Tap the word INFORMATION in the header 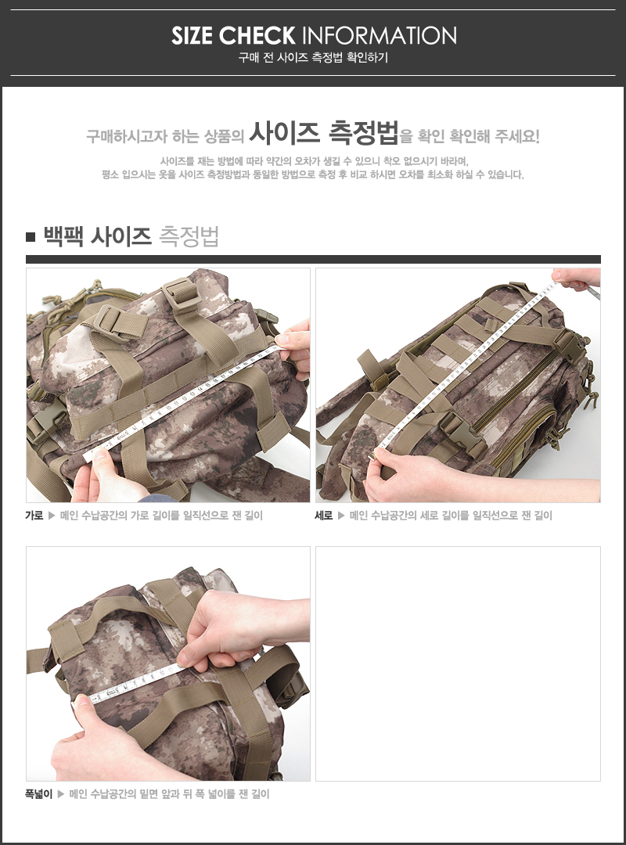click(379, 35)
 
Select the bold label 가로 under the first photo click(34, 515)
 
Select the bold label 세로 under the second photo click(323, 515)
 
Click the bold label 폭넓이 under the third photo click(39, 794)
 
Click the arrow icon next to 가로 click(52, 515)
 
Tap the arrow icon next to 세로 click(341, 515)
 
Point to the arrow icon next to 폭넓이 click(61, 794)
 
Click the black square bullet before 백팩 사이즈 click(31, 237)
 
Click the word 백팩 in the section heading click(63, 236)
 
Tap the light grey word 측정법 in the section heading click(189, 236)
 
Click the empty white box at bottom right click(458, 663)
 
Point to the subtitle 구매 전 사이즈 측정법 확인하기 click(313, 58)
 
